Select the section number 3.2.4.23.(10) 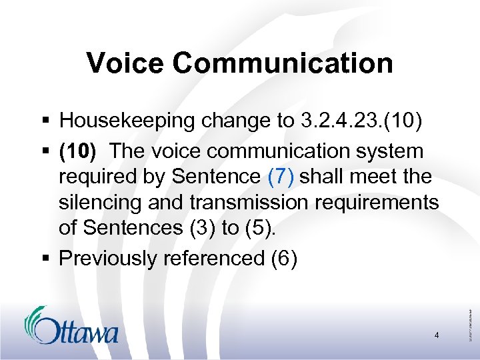point(353,121)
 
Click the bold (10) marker point(78,151)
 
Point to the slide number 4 point(436,335)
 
